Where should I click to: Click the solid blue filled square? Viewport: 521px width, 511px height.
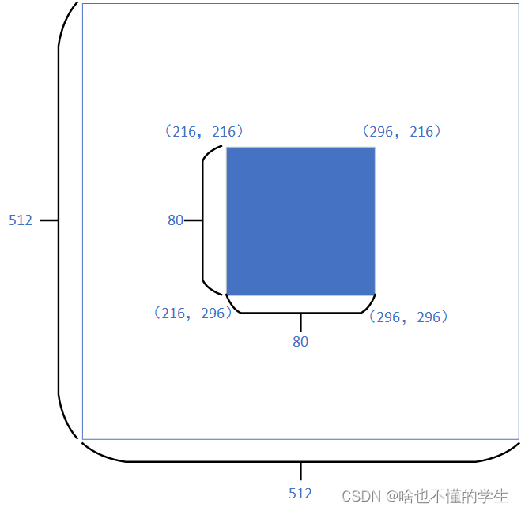pyautogui.click(x=300, y=220)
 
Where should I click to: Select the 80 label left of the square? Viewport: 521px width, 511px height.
pyautogui.click(x=176, y=220)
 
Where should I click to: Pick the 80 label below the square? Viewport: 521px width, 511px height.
pyautogui.click(x=300, y=342)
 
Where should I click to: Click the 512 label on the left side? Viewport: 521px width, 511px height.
pyautogui.click(x=21, y=220)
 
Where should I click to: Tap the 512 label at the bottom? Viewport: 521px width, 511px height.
pyautogui.click(x=300, y=494)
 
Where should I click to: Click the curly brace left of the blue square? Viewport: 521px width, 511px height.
pyautogui.click(x=204, y=220)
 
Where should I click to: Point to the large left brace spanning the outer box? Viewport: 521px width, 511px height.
pyautogui.click(x=59, y=220)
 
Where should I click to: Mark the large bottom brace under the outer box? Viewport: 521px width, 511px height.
pyautogui.click(x=300, y=460)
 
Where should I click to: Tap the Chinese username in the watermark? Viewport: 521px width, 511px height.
pyautogui.click(x=453, y=496)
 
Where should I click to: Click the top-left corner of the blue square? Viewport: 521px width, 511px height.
pyautogui.click(x=227, y=148)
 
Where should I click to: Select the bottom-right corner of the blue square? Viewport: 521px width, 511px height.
pyautogui.click(x=374, y=294)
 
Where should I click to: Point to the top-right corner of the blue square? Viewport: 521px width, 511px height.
pyautogui.click(x=374, y=148)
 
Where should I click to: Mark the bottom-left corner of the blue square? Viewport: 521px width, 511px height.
pyautogui.click(x=227, y=294)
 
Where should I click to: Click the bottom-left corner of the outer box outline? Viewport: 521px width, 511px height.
pyautogui.click(x=82, y=439)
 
